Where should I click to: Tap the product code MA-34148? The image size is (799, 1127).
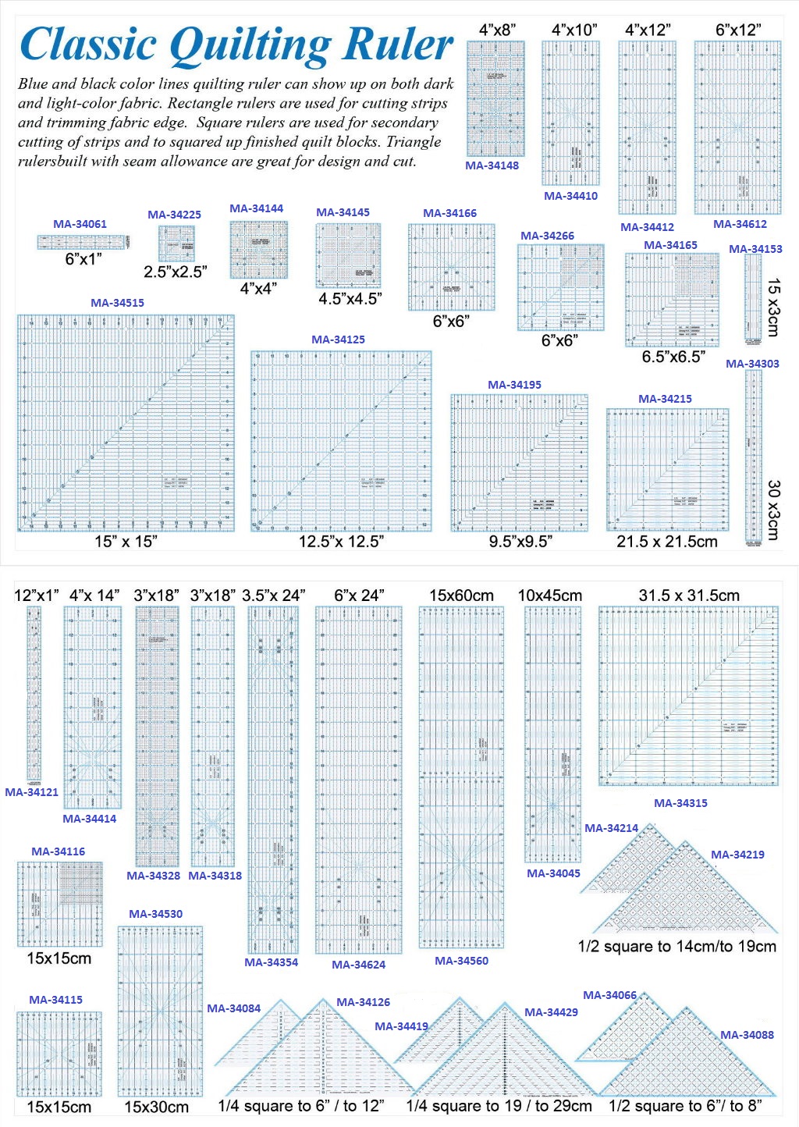[x=492, y=165]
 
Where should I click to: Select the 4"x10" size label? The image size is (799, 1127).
[x=574, y=30]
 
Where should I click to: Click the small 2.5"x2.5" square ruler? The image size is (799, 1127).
[x=177, y=244]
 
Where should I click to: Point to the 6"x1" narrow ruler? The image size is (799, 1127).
[x=83, y=243]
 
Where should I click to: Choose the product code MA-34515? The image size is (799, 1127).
[x=117, y=303]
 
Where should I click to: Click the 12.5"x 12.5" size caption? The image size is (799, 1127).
[x=341, y=541]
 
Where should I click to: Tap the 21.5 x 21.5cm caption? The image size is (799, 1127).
[x=667, y=541]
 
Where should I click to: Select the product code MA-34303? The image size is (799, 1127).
[x=752, y=364]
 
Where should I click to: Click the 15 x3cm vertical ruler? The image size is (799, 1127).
[x=753, y=297]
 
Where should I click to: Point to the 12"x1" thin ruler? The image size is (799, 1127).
[x=34, y=694]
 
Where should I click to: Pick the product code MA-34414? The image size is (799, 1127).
[x=90, y=819]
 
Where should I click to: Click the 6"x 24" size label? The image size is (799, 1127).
[x=359, y=595]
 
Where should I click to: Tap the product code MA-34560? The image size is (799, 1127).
[x=462, y=961]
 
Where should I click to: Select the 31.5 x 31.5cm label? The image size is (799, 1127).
[x=689, y=595]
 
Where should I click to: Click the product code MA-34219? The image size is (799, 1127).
[x=737, y=855]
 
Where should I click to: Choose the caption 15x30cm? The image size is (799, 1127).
[x=156, y=1107]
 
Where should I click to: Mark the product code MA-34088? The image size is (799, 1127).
[x=747, y=1035]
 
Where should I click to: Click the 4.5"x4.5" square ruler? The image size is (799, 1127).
[x=349, y=256]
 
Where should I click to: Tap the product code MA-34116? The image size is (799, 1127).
[x=59, y=851]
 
